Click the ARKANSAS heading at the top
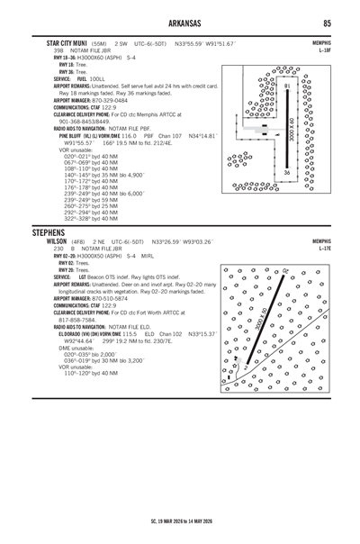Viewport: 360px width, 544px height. (x=180, y=22)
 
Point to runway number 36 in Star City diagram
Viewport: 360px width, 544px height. (x=285, y=171)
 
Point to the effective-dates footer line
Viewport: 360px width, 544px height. (x=180, y=521)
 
